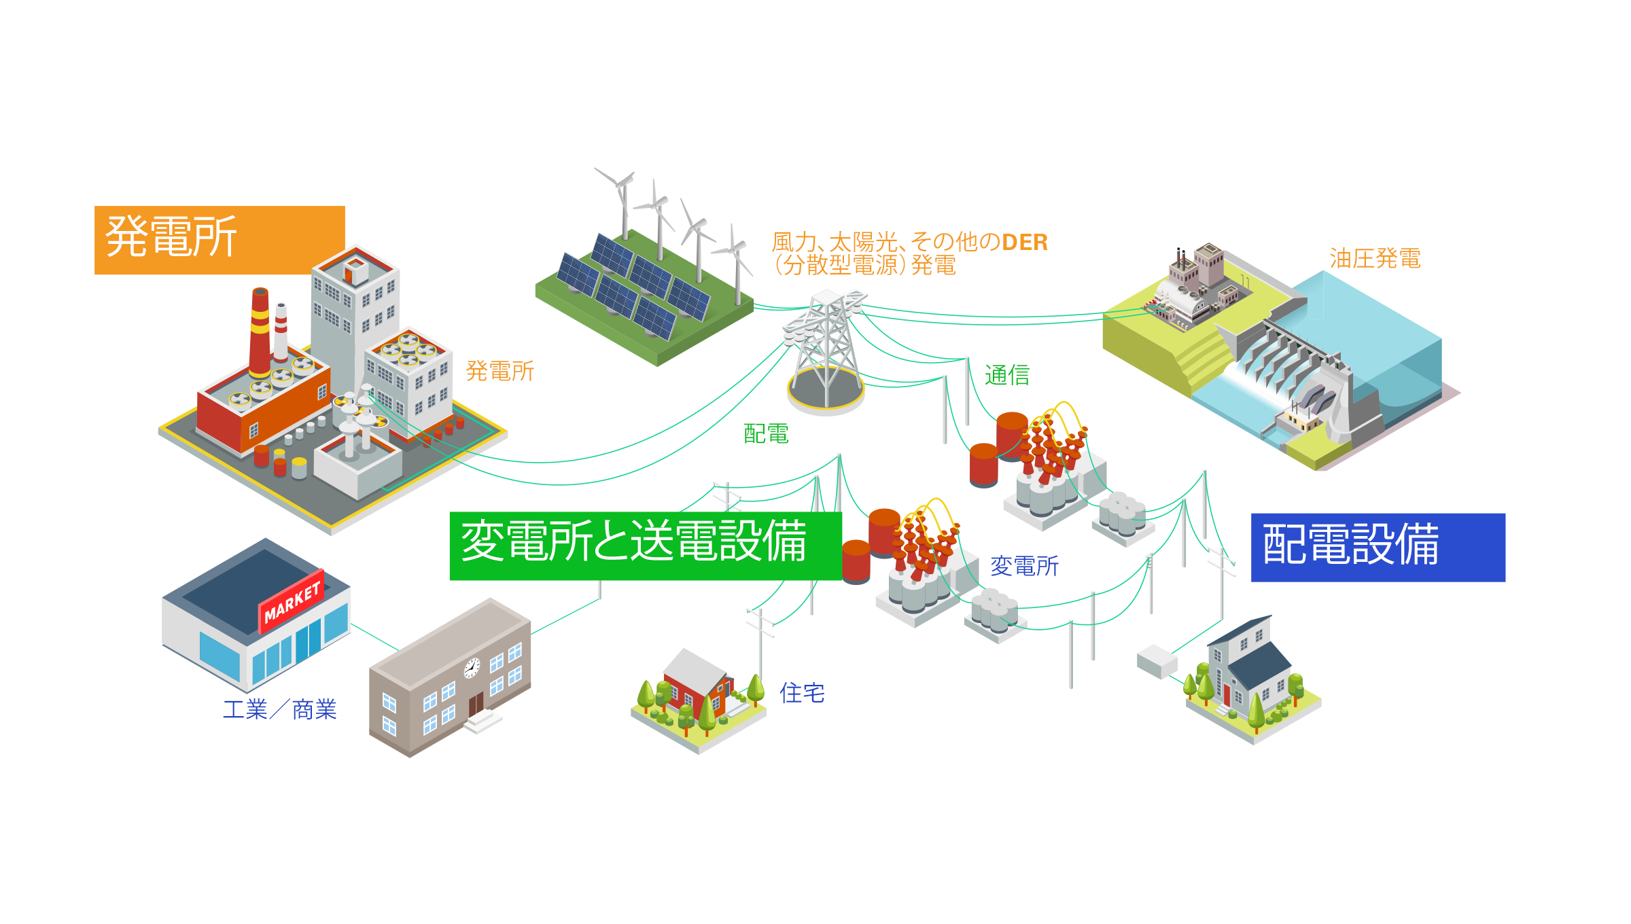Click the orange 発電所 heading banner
click(x=220, y=240)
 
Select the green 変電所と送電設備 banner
click(x=646, y=546)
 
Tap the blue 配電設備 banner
click(x=1378, y=547)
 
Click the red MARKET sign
click(x=292, y=602)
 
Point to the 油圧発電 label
click(x=1375, y=258)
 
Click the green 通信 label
click(x=1007, y=374)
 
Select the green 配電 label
click(x=766, y=433)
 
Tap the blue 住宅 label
click(x=802, y=693)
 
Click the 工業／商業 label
click(x=280, y=709)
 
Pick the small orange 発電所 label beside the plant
click(x=500, y=371)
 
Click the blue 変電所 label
click(x=1024, y=565)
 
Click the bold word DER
click(x=1025, y=242)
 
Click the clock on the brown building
click(x=472, y=668)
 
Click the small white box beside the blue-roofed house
click(x=1157, y=661)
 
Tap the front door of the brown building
click(x=476, y=705)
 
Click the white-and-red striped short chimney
click(x=281, y=332)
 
